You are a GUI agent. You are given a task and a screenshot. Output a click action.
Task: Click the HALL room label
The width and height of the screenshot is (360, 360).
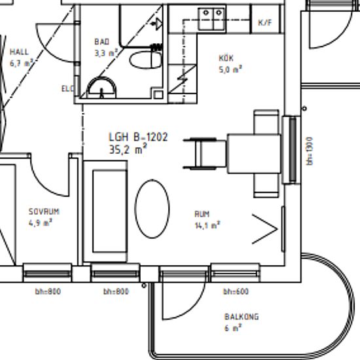point(19,52)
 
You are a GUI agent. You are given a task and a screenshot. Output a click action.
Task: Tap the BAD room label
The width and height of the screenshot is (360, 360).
point(102,42)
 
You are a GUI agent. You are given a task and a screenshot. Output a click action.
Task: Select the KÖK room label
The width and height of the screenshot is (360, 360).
point(226,58)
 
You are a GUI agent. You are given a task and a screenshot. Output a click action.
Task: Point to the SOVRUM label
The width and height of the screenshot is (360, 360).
point(44,211)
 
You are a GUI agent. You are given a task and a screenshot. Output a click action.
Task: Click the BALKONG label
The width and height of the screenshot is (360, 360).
point(242,317)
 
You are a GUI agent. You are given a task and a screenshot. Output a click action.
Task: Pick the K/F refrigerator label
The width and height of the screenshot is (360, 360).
point(265,22)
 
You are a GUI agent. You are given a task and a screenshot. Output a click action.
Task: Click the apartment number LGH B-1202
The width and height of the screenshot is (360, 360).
point(138,137)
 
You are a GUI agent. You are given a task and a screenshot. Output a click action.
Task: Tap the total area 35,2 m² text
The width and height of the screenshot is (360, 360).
point(128,149)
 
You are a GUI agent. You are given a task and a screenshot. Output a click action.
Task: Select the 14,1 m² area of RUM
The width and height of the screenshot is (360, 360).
point(207,225)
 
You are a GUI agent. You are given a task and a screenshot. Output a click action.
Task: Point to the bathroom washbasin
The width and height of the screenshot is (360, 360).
point(101,88)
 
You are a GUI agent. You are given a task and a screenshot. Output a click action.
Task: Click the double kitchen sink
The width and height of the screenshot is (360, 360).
point(211,19)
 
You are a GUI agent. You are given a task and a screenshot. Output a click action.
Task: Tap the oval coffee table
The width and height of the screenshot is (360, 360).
point(152,209)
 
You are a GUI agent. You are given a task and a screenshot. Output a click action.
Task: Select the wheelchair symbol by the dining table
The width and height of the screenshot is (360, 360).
point(205,154)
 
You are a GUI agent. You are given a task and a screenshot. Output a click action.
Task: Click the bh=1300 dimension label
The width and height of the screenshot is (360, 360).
point(310,151)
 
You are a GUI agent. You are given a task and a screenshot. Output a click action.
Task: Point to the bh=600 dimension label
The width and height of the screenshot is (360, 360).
point(236,291)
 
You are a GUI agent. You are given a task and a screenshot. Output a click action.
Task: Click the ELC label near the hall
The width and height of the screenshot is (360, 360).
point(67,88)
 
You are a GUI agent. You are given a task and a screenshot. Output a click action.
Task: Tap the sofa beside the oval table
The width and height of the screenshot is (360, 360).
point(105,211)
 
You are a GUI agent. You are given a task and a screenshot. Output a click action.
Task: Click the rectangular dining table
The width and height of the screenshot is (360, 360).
point(254,154)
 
